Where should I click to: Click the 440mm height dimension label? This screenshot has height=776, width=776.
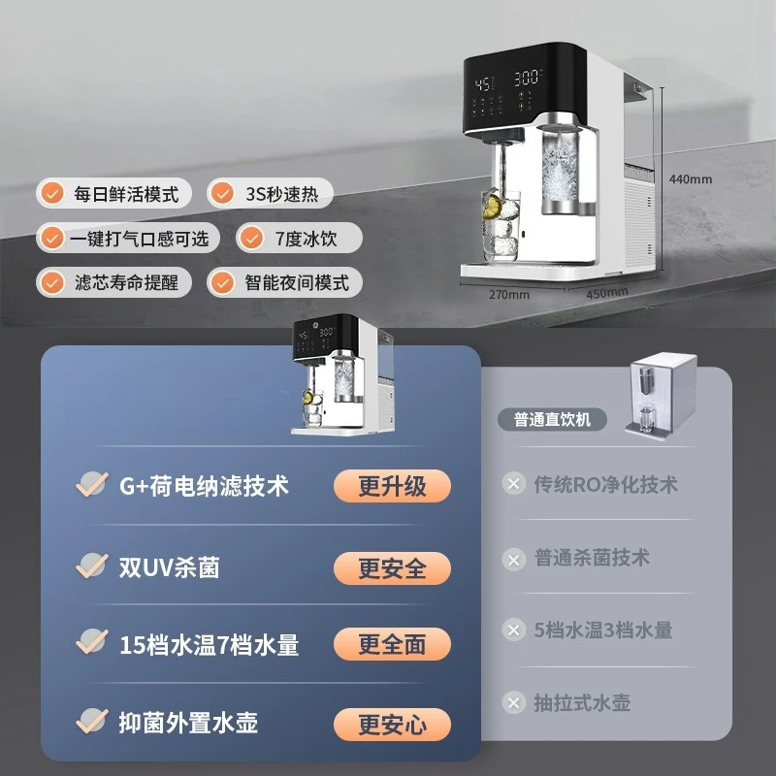tap(691, 179)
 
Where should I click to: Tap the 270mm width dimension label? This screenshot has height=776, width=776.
tap(508, 295)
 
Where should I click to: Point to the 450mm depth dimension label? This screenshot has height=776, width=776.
tap(607, 293)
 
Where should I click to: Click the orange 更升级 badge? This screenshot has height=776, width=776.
tap(392, 486)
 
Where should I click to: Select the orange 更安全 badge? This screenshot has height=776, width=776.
tap(392, 568)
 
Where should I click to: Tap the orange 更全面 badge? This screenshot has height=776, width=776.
tap(392, 644)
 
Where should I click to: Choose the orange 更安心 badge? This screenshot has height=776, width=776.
tap(392, 725)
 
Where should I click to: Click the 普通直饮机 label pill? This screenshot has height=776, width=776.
tap(552, 420)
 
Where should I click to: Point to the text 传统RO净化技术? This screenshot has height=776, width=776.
tap(605, 484)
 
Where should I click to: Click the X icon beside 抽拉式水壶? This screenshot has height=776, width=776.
tap(514, 702)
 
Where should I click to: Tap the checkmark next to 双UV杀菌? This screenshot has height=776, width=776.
tap(92, 566)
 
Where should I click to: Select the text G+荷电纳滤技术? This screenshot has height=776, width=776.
tap(204, 486)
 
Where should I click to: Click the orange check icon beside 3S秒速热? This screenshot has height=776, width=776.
tap(222, 193)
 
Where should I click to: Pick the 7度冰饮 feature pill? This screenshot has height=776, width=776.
tap(300, 238)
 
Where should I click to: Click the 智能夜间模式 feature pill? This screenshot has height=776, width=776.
tap(284, 282)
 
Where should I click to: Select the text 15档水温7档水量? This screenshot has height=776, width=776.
tap(210, 645)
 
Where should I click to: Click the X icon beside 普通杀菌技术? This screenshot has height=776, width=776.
tap(514, 560)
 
